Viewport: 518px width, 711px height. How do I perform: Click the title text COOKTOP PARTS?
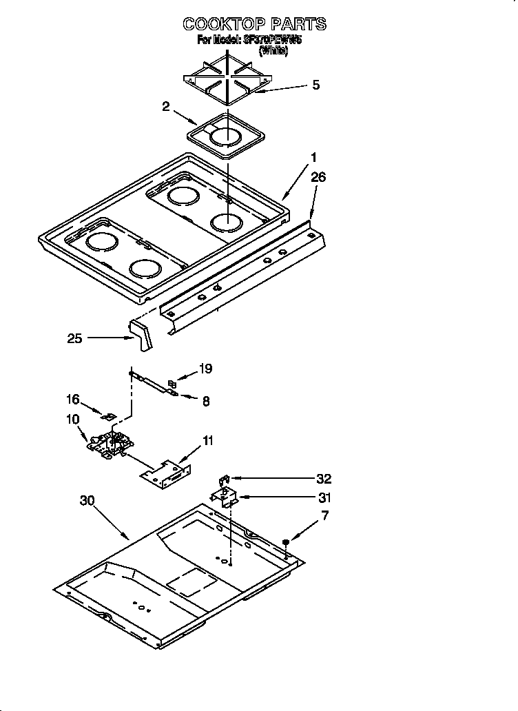[254, 25]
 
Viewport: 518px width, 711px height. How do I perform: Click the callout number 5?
[315, 85]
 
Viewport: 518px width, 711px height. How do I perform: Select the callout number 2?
[166, 106]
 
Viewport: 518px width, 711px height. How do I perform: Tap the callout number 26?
[318, 177]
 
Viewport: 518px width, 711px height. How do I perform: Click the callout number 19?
[205, 369]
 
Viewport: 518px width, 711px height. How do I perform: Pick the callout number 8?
[206, 400]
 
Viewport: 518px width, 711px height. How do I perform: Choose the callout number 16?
[73, 400]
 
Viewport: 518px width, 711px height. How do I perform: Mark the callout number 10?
[73, 418]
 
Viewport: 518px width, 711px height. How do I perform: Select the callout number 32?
[324, 479]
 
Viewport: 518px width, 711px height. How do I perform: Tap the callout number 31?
[324, 497]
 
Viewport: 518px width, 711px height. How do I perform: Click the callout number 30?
[86, 501]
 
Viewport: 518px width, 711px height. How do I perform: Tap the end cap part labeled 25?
[143, 336]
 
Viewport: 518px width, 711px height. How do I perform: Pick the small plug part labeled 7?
[286, 544]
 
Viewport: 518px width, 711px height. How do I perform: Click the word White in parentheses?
[273, 51]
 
